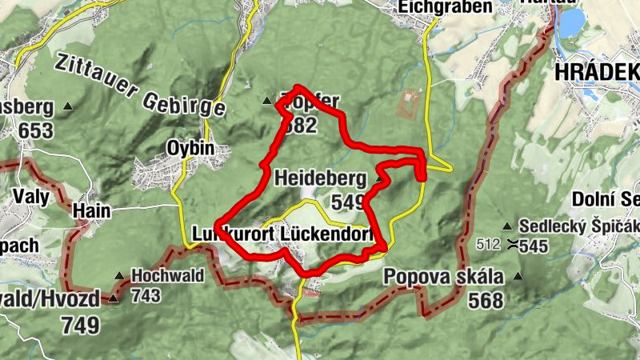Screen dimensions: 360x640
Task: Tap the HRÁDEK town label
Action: tap(596, 72)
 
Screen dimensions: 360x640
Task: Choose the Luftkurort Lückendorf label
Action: tap(283, 234)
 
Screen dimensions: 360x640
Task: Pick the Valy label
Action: tap(31, 197)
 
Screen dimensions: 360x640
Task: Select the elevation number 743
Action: tap(146, 295)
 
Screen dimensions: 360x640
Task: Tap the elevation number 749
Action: tap(80, 325)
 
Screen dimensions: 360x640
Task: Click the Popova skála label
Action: tap(443, 278)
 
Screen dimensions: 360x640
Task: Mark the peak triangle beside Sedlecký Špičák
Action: tap(507, 226)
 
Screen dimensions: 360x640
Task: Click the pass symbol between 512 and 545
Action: tap(510, 244)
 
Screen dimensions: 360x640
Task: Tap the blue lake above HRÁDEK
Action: tap(571, 24)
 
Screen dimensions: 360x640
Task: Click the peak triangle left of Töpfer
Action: tap(267, 101)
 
